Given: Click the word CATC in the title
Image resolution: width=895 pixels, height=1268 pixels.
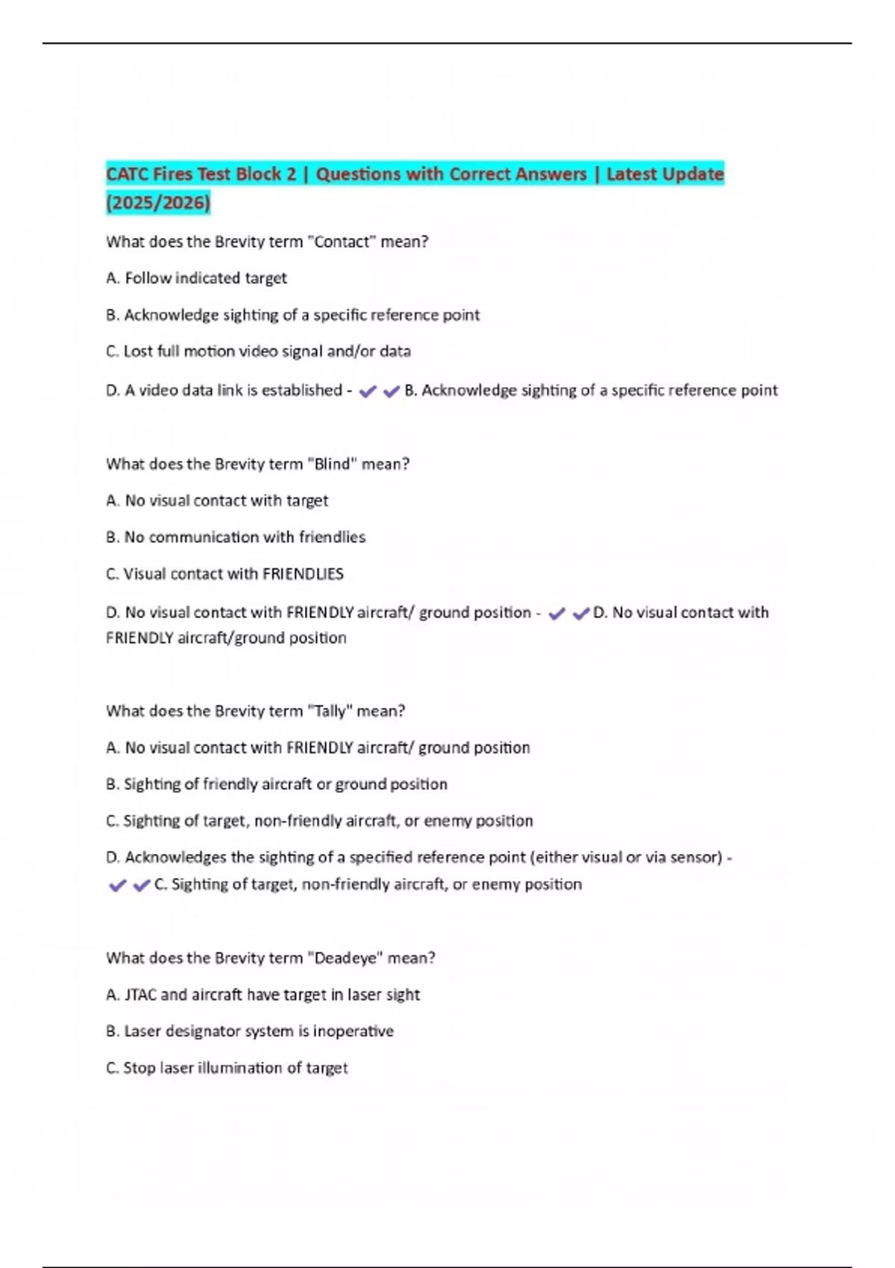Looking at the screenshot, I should pyautogui.click(x=128, y=175).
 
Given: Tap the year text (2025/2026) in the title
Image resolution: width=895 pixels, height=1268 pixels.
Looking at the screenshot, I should pyautogui.click(x=158, y=202).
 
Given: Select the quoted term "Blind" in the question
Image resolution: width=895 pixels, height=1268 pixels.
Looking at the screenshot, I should pyautogui.click(x=332, y=464).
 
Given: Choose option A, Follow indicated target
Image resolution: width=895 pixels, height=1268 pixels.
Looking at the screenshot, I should pyautogui.click(x=197, y=278).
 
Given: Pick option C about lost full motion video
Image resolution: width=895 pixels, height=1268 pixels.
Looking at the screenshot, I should pyautogui.click(x=258, y=351).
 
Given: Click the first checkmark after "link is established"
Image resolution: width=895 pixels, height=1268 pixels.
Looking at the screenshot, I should pyautogui.click(x=368, y=391).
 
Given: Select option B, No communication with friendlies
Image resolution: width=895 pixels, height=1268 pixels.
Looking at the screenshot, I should pyautogui.click(x=236, y=537).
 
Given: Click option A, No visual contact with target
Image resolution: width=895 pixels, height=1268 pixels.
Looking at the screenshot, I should pyautogui.click(x=217, y=500).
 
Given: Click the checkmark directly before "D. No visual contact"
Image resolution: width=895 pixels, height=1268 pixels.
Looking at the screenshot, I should pyautogui.click(x=580, y=613).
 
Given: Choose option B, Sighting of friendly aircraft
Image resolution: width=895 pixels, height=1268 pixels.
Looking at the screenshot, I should pyautogui.click(x=277, y=784).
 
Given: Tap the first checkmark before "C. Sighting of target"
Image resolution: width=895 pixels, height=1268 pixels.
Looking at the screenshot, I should pyautogui.click(x=117, y=885).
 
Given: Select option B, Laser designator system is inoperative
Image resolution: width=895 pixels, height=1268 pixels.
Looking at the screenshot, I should pyautogui.click(x=250, y=1031).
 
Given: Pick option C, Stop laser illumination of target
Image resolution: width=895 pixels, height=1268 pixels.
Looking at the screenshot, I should pyautogui.click(x=227, y=1067).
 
